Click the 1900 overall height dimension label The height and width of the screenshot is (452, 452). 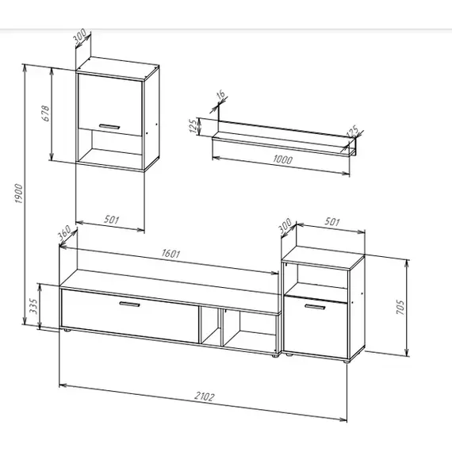coord(19,193)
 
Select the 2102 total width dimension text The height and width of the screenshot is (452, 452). coord(205,396)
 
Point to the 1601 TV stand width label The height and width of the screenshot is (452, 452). coord(171,254)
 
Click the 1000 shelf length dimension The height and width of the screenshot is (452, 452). coord(282,159)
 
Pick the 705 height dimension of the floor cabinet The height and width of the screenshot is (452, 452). coord(400,307)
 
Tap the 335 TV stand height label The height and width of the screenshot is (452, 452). coord(33,306)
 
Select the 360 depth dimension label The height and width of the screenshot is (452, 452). coord(64,233)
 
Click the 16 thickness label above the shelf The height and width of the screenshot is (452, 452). coord(220,95)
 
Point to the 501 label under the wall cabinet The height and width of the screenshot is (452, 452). coord(111,220)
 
